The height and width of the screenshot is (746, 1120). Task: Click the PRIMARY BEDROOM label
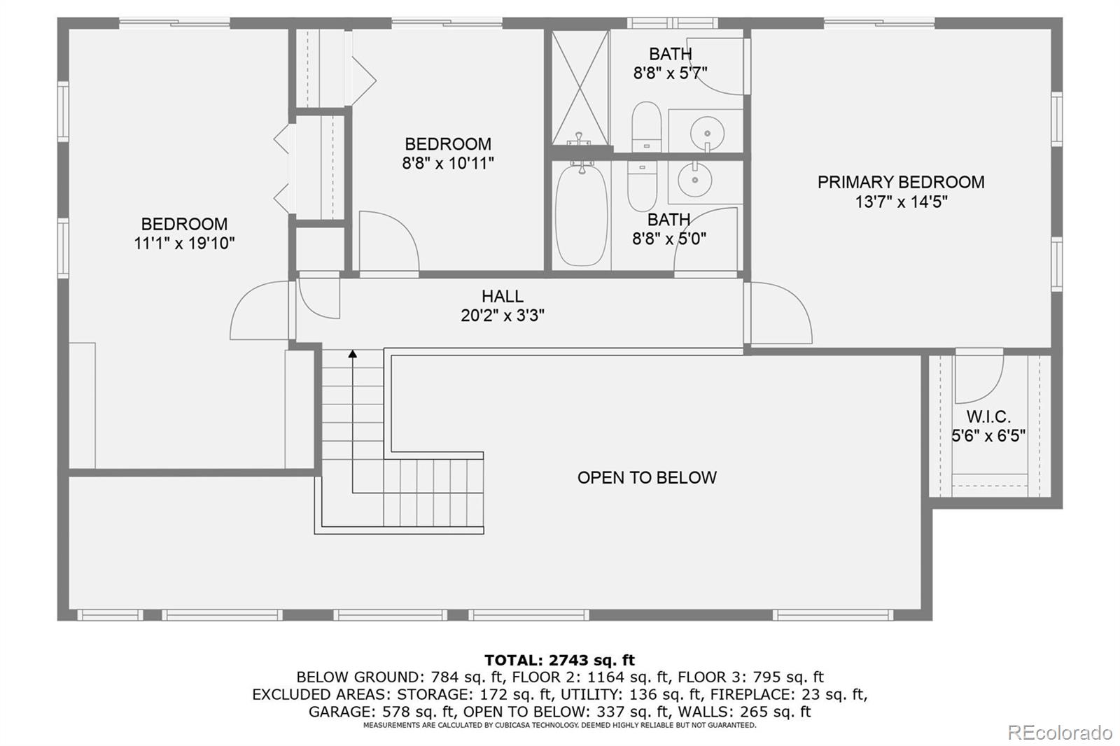coord(900,182)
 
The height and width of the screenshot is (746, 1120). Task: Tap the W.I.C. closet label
coord(988,416)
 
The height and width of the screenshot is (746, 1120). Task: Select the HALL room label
coord(502,296)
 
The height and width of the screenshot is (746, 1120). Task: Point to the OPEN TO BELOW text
coord(647,477)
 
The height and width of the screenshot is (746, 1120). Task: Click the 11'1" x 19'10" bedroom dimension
coord(184,244)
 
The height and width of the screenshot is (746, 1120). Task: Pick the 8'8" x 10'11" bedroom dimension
coord(448,163)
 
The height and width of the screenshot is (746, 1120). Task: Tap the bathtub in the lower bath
coord(581,216)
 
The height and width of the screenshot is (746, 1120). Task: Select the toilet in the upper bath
coord(646,126)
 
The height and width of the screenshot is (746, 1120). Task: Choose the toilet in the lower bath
coord(642,185)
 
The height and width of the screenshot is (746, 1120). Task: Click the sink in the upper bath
coord(707,131)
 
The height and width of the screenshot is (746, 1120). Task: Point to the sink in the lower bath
coord(695,180)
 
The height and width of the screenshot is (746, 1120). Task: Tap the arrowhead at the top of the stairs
coord(353,354)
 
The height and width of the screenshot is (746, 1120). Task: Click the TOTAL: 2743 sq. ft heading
coord(559,660)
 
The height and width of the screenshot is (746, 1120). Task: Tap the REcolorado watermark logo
coord(1059,732)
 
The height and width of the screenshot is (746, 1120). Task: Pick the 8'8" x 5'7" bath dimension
coord(670,73)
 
